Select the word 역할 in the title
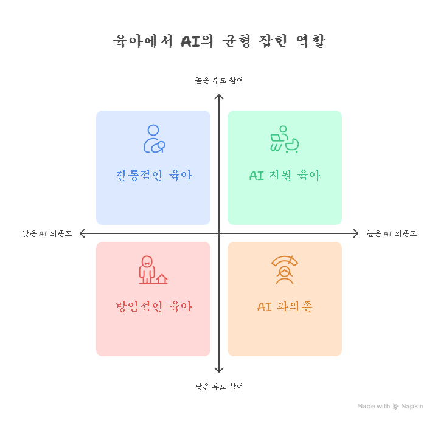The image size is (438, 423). (x=310, y=41)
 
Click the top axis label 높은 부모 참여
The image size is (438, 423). (x=219, y=80)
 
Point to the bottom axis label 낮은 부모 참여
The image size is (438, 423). (x=219, y=387)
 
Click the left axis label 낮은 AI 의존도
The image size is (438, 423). (x=47, y=233)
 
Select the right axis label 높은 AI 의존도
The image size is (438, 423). (x=391, y=233)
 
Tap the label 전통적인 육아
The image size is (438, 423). (x=153, y=176)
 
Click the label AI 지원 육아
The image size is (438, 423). (x=285, y=176)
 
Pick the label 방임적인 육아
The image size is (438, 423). (x=153, y=307)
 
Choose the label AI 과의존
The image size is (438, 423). (x=285, y=307)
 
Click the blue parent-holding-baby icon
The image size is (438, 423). (x=153, y=139)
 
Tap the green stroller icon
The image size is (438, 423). (x=285, y=139)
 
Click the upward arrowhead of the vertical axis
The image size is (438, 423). (x=219, y=97)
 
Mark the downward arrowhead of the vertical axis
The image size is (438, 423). (x=219, y=370)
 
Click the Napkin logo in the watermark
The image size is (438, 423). (x=396, y=406)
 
